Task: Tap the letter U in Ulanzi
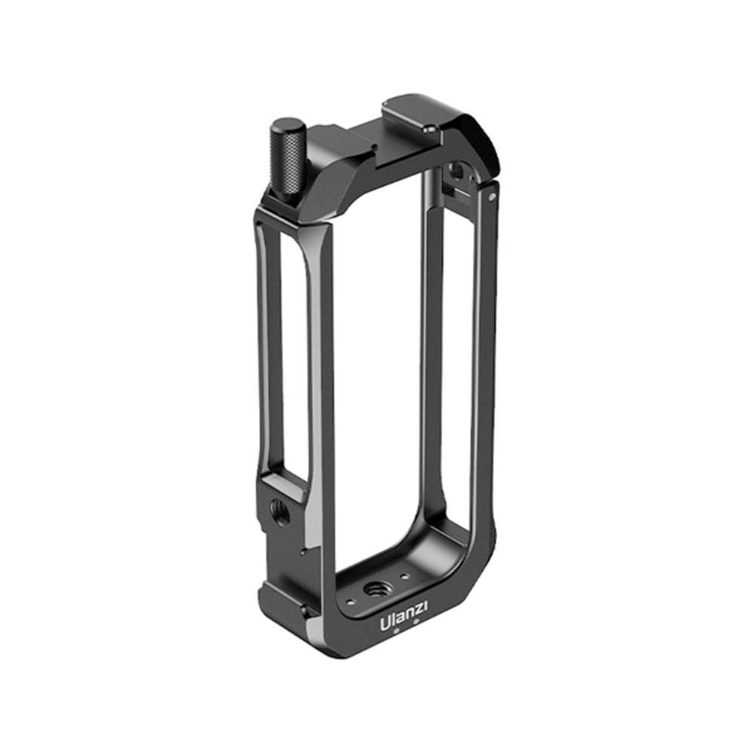(x=385, y=623)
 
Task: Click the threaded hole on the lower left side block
(x=278, y=509)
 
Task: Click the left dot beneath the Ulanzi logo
(x=396, y=633)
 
